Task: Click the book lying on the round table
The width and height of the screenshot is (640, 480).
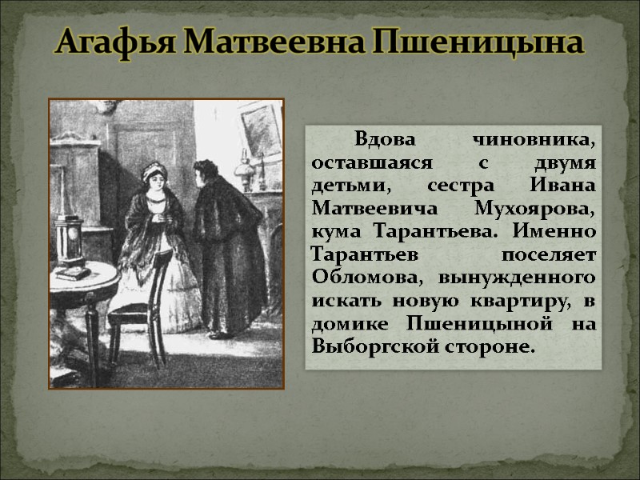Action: pos(72,273)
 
